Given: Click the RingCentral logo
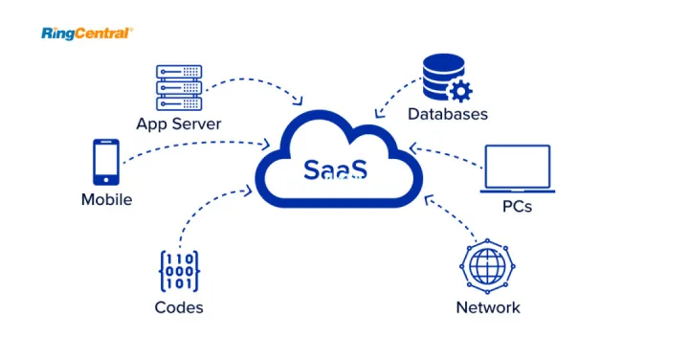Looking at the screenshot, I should tap(87, 34).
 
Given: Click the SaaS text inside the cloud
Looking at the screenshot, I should tap(334, 169).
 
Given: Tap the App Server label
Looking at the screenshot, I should tap(179, 124).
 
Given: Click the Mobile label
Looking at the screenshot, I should tap(106, 200).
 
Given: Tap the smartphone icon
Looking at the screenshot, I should tap(106, 162).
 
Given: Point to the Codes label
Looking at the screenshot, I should tap(179, 307).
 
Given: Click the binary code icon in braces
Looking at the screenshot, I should tap(179, 271).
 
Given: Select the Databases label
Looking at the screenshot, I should tap(447, 114).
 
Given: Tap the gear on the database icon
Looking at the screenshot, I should tap(461, 92).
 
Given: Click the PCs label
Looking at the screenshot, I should tap(517, 206).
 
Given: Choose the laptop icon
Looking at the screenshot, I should tap(518, 169).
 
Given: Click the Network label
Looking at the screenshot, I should tap(488, 307).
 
